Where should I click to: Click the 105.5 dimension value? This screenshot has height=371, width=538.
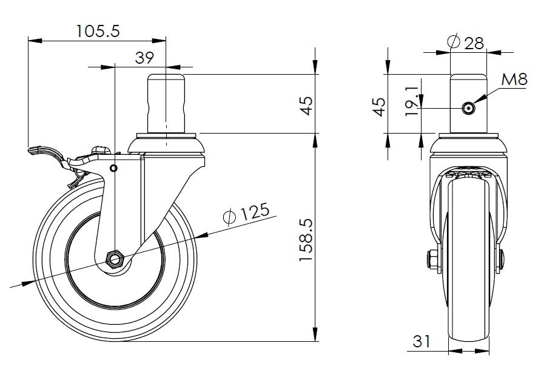(98, 31)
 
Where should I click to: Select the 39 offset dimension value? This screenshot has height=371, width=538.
(144, 58)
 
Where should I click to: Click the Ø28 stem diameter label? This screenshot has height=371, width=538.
(466, 43)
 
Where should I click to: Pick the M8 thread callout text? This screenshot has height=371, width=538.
(514, 80)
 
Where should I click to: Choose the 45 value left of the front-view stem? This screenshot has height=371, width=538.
(379, 107)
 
